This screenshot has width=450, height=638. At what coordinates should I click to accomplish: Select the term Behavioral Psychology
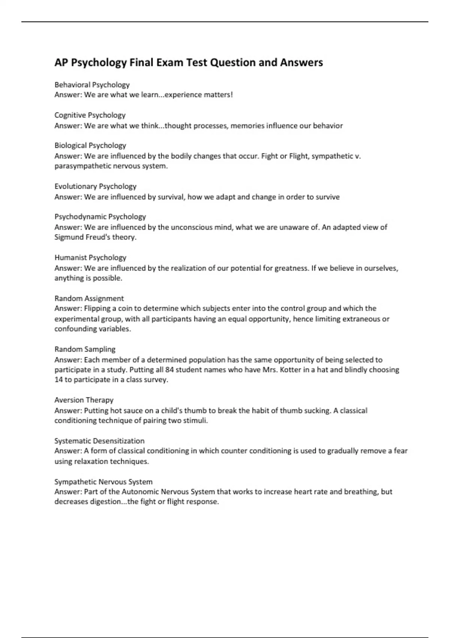coord(92,85)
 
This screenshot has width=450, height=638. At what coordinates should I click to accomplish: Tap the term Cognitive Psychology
coord(90,115)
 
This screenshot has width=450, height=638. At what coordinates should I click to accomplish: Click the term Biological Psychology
coord(90,146)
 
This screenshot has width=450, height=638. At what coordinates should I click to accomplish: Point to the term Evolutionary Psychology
coord(95,187)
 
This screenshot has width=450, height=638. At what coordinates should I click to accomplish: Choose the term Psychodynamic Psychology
coord(100,217)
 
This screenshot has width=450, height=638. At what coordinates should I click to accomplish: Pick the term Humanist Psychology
coord(90,258)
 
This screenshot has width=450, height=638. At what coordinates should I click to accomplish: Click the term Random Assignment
coord(89,299)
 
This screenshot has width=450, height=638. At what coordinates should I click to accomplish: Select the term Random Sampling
coord(85,349)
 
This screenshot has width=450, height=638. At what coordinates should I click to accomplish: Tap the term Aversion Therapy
coord(84,400)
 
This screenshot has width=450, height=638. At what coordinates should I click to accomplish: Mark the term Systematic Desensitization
coord(99,441)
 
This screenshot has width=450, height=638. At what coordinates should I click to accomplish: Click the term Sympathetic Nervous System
coord(103,482)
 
